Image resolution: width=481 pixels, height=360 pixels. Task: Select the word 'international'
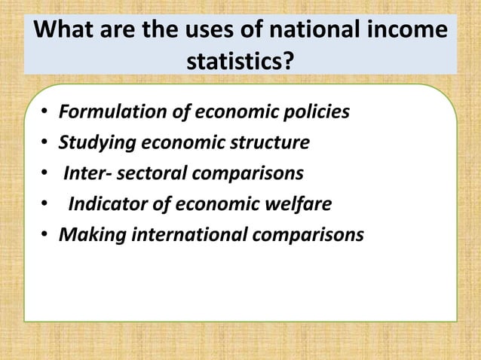click(188, 236)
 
